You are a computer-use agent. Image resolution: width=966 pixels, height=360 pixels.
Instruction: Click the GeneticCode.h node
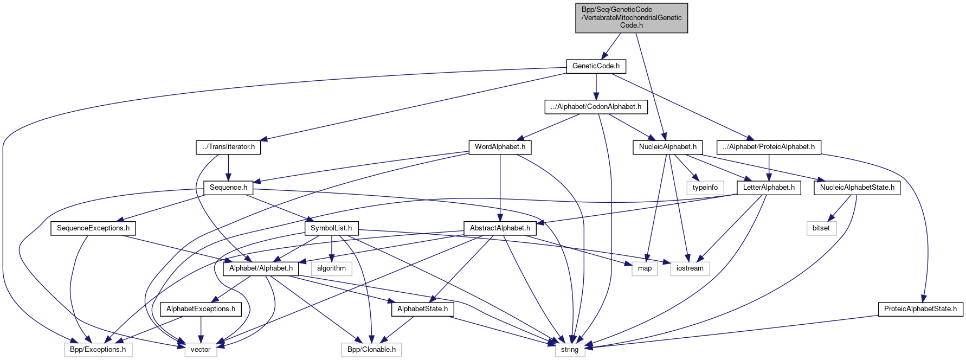click(596, 66)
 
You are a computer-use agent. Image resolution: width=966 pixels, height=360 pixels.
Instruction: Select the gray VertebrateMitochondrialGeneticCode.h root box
click(632, 17)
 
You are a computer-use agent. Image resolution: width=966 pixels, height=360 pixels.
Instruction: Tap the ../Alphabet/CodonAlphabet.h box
click(596, 107)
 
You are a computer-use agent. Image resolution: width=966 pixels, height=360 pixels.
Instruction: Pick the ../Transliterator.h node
click(228, 147)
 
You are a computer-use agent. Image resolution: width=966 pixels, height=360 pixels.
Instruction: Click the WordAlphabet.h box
click(500, 147)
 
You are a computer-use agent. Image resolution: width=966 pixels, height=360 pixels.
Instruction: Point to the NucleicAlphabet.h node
click(667, 147)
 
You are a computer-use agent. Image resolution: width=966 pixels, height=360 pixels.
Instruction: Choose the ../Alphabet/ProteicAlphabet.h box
click(769, 147)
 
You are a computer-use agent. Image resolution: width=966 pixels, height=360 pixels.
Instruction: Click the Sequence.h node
click(228, 188)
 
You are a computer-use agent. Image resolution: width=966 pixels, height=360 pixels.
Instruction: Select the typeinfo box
click(705, 188)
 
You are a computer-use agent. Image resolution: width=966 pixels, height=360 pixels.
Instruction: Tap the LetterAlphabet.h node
click(769, 188)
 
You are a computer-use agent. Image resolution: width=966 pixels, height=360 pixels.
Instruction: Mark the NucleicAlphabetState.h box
click(857, 188)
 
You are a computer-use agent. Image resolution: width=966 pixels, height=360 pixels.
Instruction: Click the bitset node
click(821, 228)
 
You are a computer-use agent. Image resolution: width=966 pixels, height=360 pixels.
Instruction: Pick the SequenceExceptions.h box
click(93, 228)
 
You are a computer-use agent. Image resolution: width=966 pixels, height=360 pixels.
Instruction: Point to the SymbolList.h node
click(331, 228)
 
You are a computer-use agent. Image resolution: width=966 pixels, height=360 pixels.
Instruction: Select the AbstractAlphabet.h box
click(500, 228)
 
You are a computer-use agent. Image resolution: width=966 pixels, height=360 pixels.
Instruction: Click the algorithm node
click(331, 268)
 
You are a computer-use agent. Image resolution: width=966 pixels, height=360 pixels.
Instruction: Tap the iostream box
click(690, 268)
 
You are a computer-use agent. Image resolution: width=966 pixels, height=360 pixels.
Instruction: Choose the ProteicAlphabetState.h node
click(920, 309)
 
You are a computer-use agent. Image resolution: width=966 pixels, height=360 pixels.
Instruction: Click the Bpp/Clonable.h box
click(371, 350)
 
